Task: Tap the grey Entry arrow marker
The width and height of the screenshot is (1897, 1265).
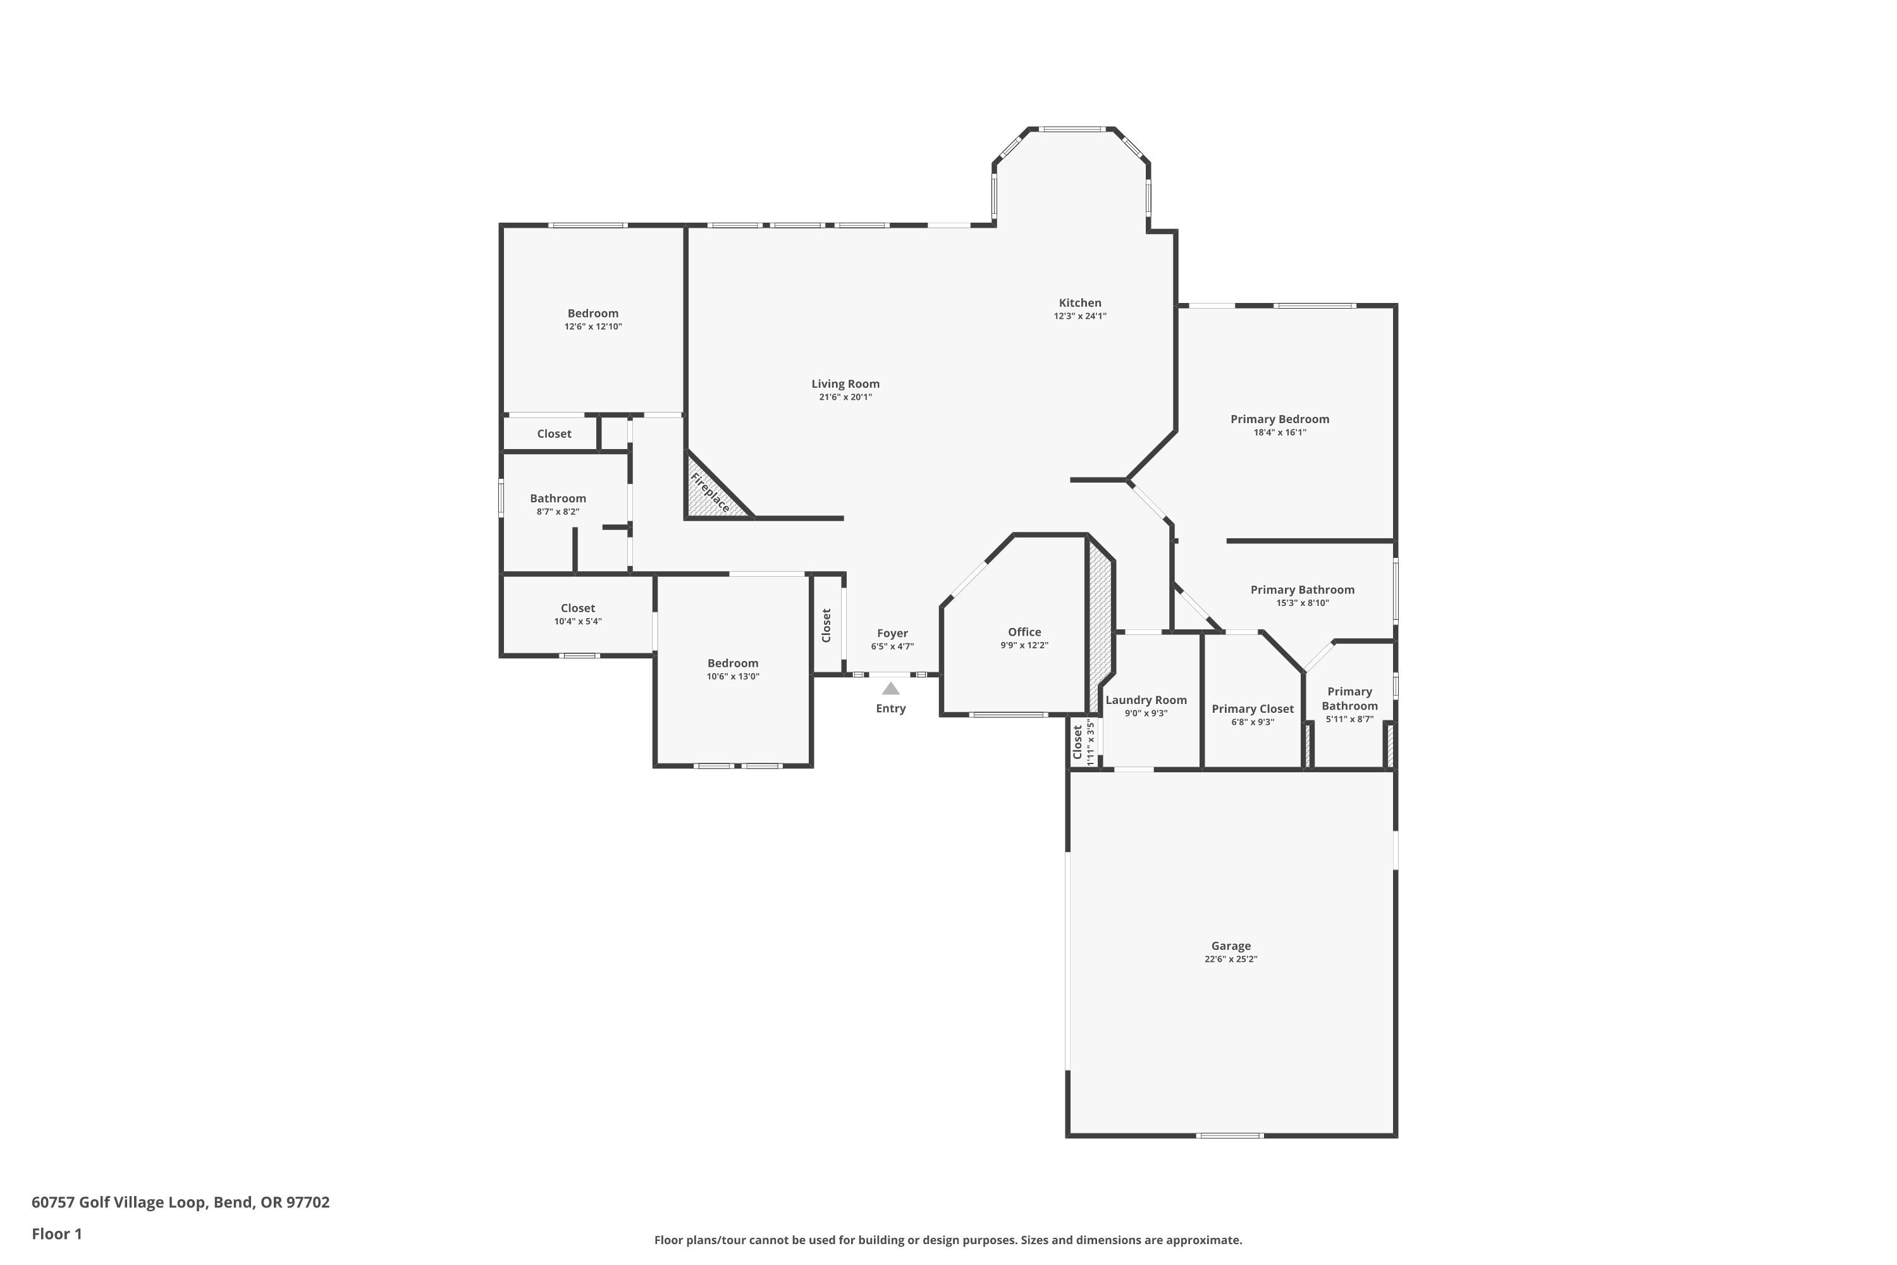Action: pyautogui.click(x=890, y=688)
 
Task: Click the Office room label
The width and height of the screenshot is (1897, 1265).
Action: pyautogui.click(x=1024, y=632)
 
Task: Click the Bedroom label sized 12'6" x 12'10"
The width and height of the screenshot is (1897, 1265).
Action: pyautogui.click(x=593, y=313)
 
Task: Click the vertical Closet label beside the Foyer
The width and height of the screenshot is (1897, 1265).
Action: pyautogui.click(x=826, y=626)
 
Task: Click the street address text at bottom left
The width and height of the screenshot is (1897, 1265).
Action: pyautogui.click(x=181, y=1202)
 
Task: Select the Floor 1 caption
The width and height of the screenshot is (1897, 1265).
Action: pyautogui.click(x=56, y=1233)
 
